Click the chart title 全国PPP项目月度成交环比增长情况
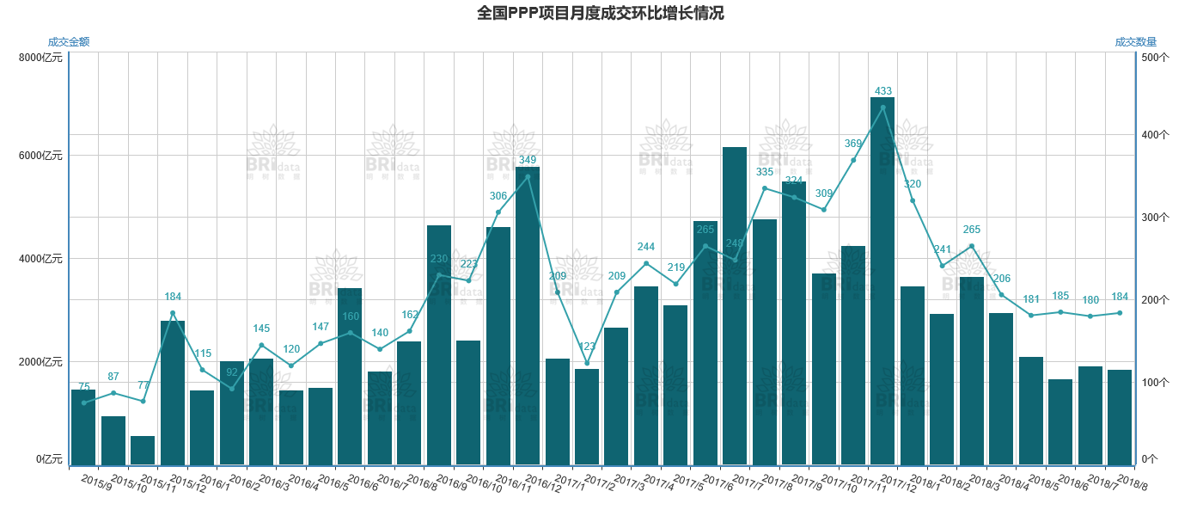coord(601,13)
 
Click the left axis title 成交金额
coord(69,41)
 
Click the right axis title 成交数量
coord(1135,41)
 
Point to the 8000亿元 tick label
coord(40,58)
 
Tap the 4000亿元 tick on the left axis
coord(40,259)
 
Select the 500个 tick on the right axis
coord(1151,58)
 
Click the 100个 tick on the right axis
coord(1151,382)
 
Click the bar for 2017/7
coord(735,306)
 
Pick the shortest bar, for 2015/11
coord(143,451)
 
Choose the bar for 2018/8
coord(1120,418)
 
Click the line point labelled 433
coord(882,107)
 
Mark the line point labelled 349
coord(528,176)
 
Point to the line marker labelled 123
coord(587,363)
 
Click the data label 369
coord(853,144)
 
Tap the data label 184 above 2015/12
coord(173,297)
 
